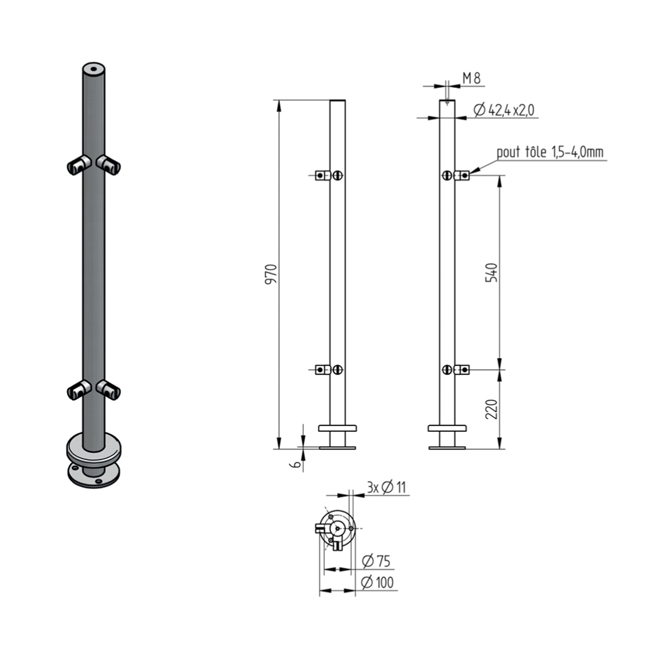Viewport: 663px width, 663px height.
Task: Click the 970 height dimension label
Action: [x=271, y=274]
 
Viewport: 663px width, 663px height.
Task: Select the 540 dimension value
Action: [x=491, y=273]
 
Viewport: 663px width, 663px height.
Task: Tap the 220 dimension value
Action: [x=491, y=409]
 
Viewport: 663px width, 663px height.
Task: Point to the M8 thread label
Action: [x=471, y=78]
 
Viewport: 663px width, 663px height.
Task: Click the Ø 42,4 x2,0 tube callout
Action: [x=504, y=110]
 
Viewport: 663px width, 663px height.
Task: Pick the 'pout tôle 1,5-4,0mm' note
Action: [x=550, y=152]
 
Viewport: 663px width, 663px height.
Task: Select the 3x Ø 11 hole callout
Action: [x=386, y=488]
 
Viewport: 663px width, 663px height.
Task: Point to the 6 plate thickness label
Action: [x=295, y=464]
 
